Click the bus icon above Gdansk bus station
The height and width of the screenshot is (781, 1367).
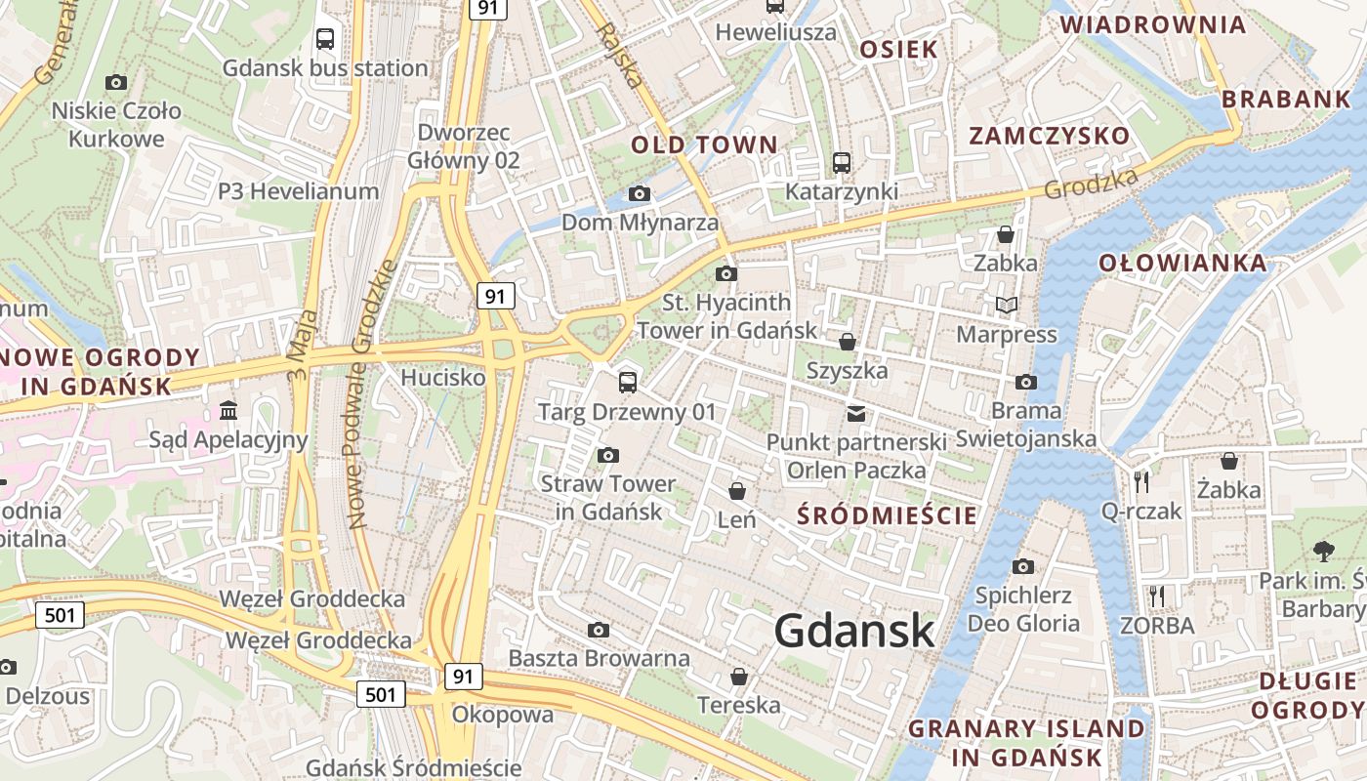325,39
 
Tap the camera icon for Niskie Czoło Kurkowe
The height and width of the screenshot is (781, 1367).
116,83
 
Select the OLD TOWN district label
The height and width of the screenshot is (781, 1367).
704,145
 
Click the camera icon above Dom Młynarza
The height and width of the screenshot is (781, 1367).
640,194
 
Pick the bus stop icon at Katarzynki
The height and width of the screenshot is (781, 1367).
842,163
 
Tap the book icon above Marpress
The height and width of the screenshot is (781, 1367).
1007,306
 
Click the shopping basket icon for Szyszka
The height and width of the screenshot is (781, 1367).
848,342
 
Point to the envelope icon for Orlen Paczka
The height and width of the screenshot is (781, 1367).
856,414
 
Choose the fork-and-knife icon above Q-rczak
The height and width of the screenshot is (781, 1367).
1140,481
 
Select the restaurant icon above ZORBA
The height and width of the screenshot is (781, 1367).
1157,596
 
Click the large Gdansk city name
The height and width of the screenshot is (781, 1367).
854,632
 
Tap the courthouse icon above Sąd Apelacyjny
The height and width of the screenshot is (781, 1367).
228,411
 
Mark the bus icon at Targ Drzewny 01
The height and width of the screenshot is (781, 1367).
628,383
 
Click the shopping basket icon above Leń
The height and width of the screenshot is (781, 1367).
737,491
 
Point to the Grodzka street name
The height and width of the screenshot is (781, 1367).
1091,184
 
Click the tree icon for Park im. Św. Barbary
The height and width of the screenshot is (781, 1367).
1324,552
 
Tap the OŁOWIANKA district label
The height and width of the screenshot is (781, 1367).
1182,263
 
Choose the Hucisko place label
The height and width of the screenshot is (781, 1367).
443,377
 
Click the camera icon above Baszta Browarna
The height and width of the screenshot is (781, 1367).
599,631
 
